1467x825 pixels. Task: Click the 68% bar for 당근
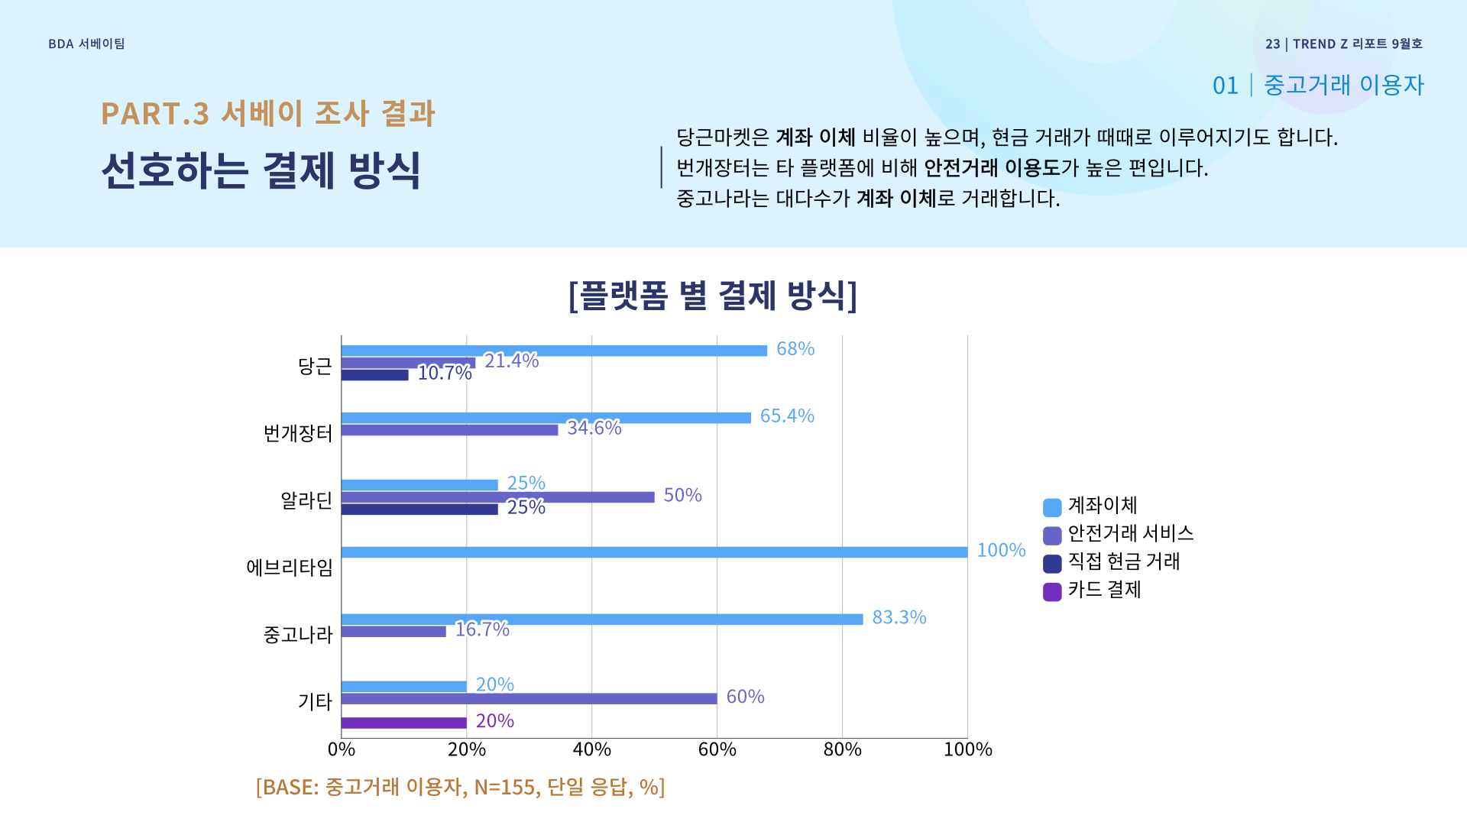coord(554,351)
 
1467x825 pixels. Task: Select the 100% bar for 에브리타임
coord(654,552)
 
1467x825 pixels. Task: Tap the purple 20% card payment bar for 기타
coord(403,723)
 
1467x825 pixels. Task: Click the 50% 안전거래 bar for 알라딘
coord(497,497)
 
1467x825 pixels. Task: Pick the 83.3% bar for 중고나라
coord(602,620)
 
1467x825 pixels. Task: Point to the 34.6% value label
coord(594,428)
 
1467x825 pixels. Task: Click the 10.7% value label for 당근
coord(444,373)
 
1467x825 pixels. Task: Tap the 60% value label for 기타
coord(745,697)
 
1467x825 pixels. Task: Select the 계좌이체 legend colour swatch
coord(1052,508)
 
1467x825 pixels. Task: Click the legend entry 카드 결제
coord(1103,590)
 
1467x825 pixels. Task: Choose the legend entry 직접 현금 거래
coord(1123,561)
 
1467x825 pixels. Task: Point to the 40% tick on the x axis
coord(591,749)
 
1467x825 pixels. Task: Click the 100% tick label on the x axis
coord(967,749)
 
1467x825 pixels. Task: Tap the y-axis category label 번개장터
coord(298,433)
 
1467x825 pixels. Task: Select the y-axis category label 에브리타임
coord(289,568)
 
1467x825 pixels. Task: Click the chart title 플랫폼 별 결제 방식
coord(713,296)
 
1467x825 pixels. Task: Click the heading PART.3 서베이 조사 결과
coord(267,114)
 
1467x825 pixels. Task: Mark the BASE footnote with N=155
coord(460,787)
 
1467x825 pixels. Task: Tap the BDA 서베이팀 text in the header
coord(86,44)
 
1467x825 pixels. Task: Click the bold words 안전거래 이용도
coord(992,168)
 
